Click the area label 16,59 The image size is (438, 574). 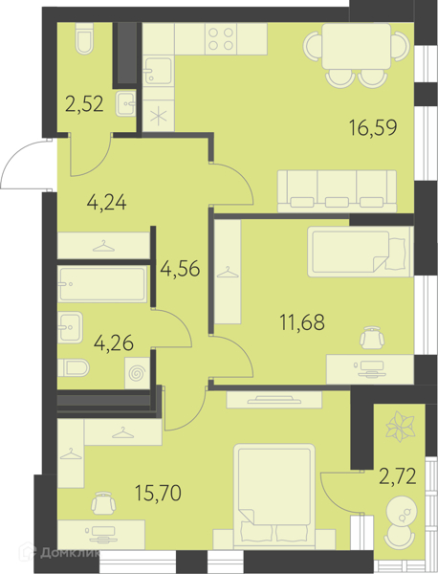coord(373,128)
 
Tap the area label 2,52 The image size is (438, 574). coord(84,104)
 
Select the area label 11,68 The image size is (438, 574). coord(302,322)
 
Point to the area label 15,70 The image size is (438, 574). coord(158,493)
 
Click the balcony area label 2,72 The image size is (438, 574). coord(398,476)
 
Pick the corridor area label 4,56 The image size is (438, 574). coord(180,269)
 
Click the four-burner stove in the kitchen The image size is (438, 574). coord(221,39)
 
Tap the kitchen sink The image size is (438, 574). coord(158,71)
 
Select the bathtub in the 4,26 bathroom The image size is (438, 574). coord(102,284)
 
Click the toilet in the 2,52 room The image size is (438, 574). coord(84,39)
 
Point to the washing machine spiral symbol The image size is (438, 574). coord(137,374)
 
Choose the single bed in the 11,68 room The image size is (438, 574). coord(361,252)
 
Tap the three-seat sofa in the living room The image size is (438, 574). coord(337,191)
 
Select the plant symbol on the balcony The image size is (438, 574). coord(401,426)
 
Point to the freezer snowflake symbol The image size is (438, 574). coord(159,117)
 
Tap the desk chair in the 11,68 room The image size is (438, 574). coord(372,337)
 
